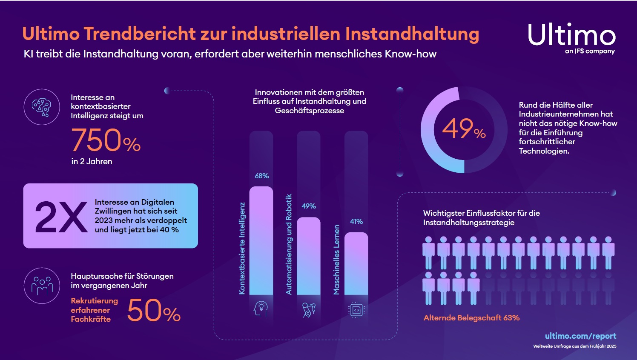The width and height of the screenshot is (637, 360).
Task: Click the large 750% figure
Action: pos(106,140)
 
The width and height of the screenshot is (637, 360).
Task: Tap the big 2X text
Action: pos(61,217)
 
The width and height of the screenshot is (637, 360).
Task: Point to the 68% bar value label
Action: pos(261,176)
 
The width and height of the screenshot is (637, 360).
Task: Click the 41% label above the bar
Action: pos(356,222)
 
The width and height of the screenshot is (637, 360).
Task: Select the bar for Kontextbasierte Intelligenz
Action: pos(261,240)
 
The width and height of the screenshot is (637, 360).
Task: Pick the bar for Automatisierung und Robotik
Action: pos(308,256)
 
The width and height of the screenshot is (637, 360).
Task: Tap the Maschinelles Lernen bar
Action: pos(356,263)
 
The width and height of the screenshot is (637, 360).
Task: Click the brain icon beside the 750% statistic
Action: pos(42,107)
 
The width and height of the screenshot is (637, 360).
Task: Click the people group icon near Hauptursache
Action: pos(42,286)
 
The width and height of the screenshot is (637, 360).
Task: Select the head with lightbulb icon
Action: pos(261,309)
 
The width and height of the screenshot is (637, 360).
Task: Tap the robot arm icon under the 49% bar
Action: pos(308,310)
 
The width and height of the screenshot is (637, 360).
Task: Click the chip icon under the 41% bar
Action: pos(356,310)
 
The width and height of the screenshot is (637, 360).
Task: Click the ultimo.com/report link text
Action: pos(580,336)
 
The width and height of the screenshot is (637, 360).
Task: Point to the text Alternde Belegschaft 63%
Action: pos(471,318)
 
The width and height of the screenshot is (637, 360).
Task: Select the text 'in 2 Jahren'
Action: pos(92,162)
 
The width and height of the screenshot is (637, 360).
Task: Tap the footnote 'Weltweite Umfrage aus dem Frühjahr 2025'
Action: pos(574,346)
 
